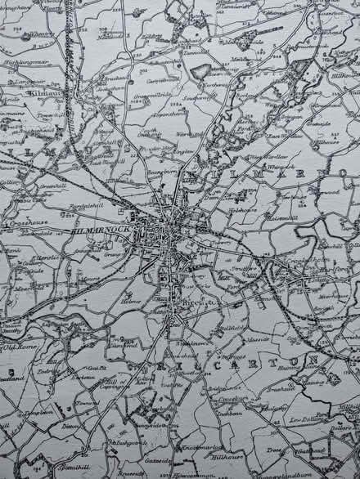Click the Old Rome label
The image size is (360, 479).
(x=17, y=347)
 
